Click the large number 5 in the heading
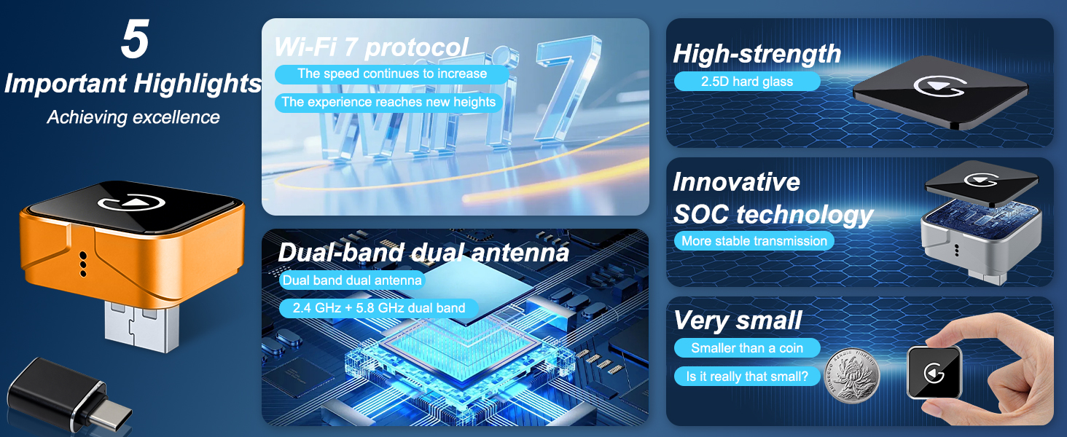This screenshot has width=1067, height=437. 136,39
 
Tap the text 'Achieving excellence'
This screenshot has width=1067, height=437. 133,117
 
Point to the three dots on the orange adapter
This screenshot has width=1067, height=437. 83,264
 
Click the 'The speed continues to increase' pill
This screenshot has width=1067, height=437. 391,74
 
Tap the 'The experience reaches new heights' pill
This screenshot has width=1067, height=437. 388,103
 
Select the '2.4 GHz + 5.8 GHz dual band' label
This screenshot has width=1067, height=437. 379,308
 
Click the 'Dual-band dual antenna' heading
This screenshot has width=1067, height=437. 423,252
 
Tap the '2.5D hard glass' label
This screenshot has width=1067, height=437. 747,82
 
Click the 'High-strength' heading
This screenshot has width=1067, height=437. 757,54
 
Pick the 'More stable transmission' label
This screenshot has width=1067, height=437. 754,241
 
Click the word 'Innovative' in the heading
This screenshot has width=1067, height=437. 736,182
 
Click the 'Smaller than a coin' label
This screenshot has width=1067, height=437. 747,348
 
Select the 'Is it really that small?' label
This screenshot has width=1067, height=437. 747,377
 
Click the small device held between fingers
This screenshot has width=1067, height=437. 934,372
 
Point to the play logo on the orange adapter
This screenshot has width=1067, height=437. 131,202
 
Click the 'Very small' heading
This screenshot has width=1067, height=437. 738,320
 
